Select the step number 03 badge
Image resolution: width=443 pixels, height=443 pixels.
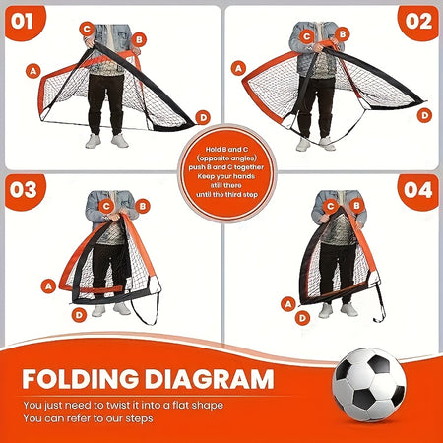point(24,190)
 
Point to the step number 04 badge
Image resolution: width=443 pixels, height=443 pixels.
point(417,190)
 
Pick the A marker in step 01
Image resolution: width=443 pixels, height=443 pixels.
point(34,71)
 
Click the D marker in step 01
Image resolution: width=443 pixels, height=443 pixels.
point(203,116)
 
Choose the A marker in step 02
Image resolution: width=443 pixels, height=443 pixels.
point(237,68)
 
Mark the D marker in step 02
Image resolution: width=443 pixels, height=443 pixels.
point(424,115)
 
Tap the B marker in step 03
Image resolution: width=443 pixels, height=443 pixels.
point(143,206)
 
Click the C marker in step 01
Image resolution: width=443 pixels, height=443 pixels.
point(87,30)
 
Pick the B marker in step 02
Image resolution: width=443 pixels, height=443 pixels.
point(342,34)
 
